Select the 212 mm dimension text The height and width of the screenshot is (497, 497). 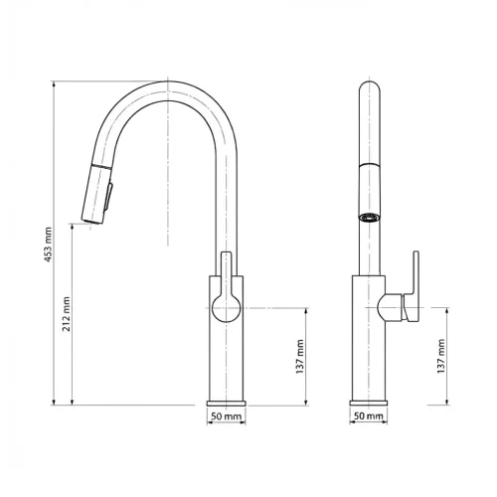tap(67, 312)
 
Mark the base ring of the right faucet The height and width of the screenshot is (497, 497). tap(368, 403)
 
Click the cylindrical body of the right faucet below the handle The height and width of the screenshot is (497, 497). tap(368, 358)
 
